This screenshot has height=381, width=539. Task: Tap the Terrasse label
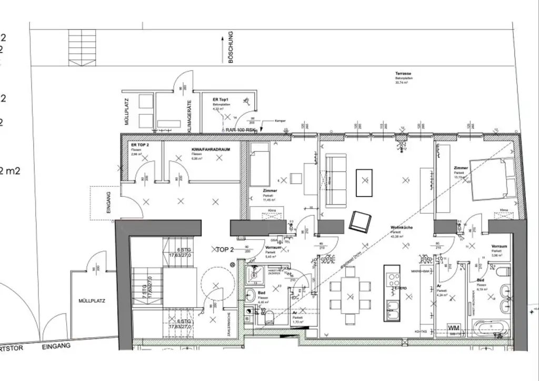coord(404,74)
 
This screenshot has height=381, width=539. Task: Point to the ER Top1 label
coord(222,99)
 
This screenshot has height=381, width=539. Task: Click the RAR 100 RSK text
coord(241,129)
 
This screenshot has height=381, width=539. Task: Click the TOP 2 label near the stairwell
coord(225,249)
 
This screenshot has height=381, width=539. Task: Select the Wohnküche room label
coord(401,228)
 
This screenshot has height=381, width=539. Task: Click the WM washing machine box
coord(454,327)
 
